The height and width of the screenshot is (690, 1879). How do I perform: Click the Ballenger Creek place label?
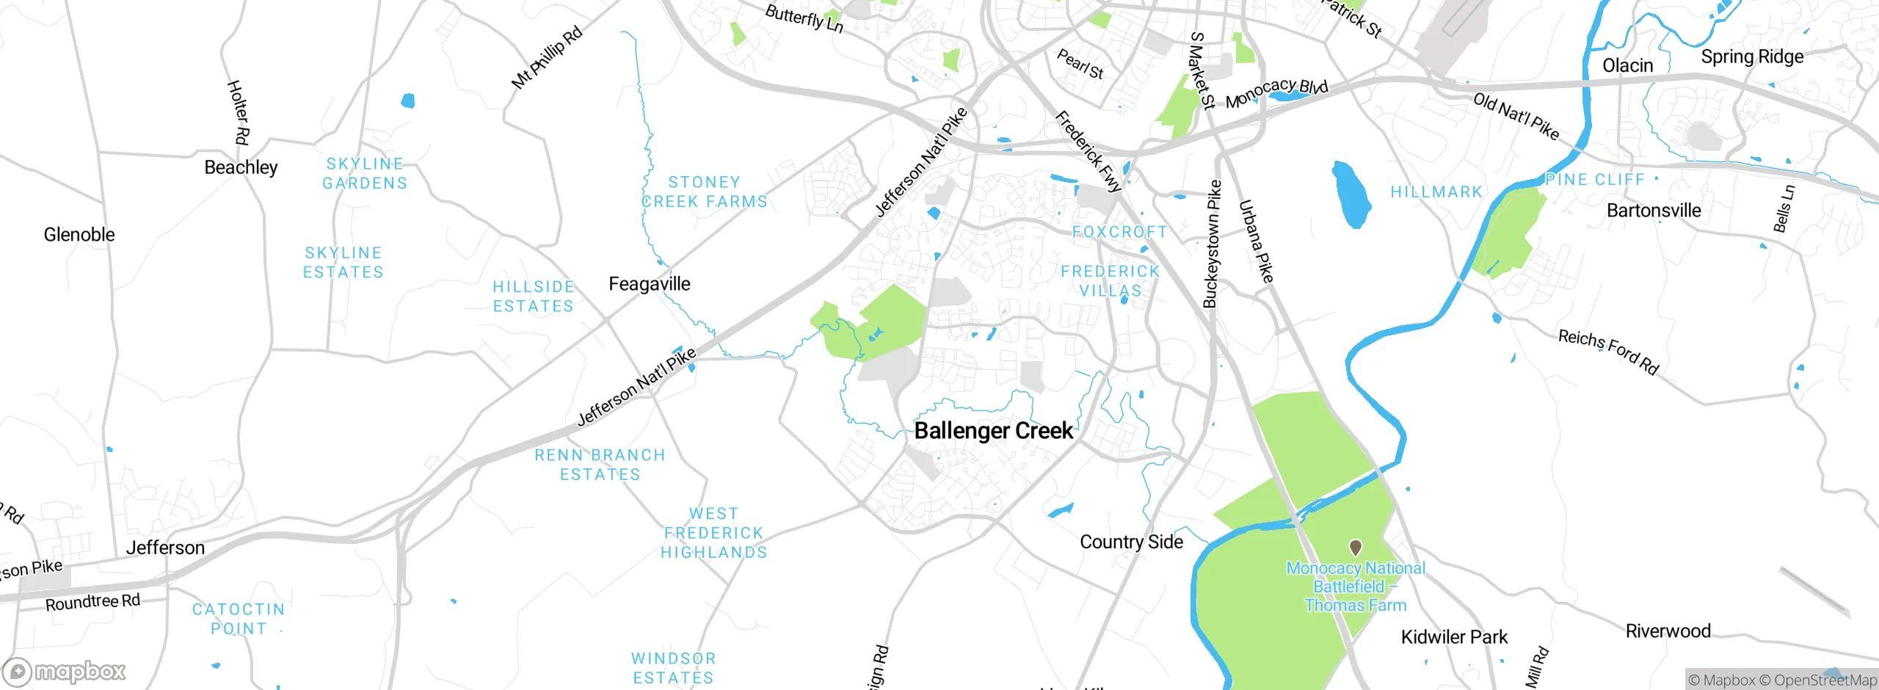tap(993, 431)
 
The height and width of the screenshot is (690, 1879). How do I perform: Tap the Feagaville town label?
tap(650, 284)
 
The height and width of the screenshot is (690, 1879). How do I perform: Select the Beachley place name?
tap(241, 167)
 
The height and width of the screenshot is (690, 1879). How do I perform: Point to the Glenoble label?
tap(79, 235)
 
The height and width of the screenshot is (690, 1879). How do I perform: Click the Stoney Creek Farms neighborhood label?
tap(705, 192)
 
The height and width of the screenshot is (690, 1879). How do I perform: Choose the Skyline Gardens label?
tap(365, 174)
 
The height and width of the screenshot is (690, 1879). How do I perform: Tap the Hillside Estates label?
tap(534, 297)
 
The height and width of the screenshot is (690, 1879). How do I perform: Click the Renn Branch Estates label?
tap(600, 465)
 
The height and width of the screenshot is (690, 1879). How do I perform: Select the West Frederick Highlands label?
tap(713, 533)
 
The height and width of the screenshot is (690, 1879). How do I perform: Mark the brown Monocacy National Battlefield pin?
tap(1356, 548)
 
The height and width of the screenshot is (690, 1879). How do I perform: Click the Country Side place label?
tap(1131, 542)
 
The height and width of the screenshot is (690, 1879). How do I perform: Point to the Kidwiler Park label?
tap(1454, 637)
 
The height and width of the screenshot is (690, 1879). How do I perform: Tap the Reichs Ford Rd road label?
tap(1608, 352)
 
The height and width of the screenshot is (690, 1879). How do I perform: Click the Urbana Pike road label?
tap(1256, 241)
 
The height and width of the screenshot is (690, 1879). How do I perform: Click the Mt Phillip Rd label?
tap(547, 57)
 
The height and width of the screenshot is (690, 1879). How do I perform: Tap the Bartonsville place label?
tap(1654, 211)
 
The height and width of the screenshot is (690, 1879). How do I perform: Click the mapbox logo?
tap(65, 671)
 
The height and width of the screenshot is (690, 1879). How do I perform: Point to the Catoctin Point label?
tap(239, 619)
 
